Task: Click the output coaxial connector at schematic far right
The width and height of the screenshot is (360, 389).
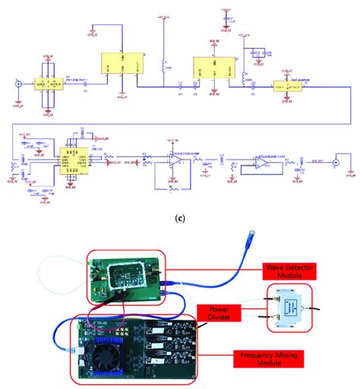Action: (x=345, y=162)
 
